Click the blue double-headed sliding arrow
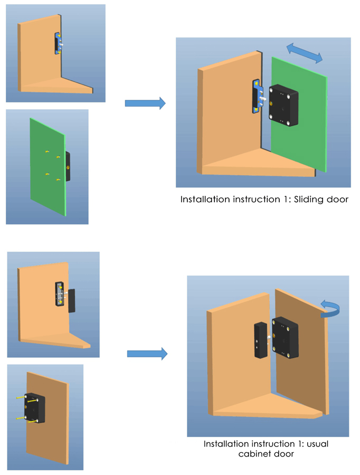point(305,53)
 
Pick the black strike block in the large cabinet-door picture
point(260,340)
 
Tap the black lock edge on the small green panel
point(68,166)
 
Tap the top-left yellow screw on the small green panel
point(47,152)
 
